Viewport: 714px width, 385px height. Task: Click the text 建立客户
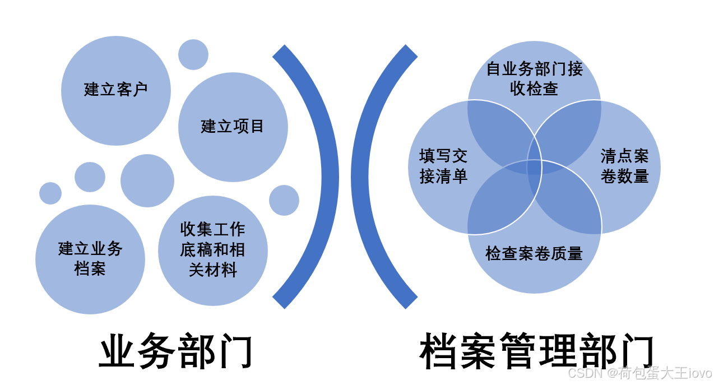(116, 90)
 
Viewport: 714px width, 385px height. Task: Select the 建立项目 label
(233, 127)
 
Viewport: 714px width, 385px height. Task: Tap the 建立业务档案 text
(90, 259)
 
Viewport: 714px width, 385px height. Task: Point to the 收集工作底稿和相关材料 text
(213, 250)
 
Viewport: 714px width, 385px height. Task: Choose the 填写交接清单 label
(443, 166)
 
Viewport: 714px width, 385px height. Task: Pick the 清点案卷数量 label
(624, 166)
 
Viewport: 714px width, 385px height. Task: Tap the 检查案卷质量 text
(534, 254)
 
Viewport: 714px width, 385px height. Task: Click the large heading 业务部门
(176, 352)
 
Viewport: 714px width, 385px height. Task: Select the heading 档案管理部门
(537, 352)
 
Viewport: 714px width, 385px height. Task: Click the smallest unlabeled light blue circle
(50, 193)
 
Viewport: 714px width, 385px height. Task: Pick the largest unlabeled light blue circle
(147, 180)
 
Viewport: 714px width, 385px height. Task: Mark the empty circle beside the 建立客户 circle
(193, 54)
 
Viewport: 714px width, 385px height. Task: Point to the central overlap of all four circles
(534, 167)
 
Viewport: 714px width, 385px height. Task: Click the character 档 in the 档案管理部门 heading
(439, 352)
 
